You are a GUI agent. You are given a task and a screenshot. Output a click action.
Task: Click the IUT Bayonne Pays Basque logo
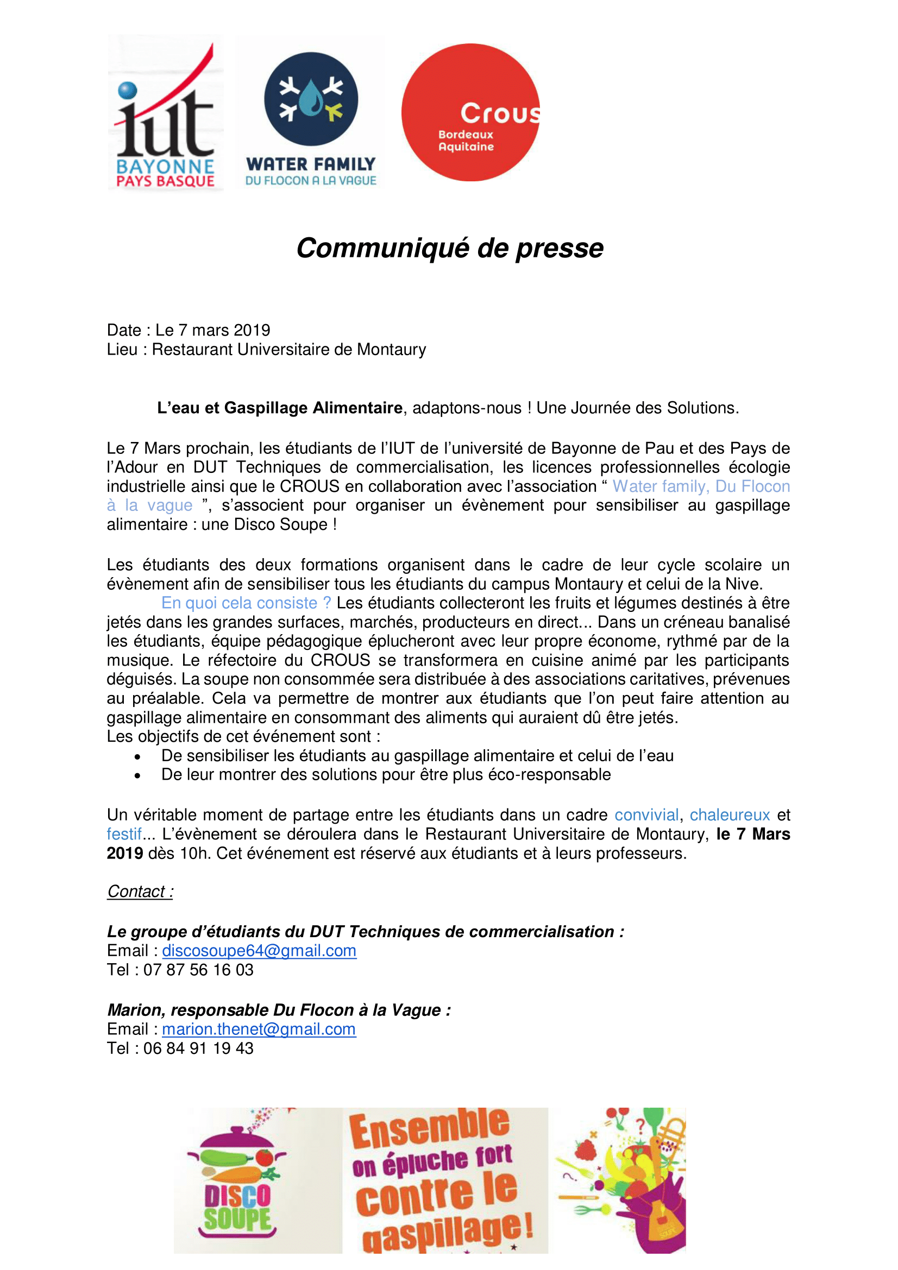click(x=165, y=113)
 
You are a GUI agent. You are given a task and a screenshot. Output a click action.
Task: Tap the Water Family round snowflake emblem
click(x=310, y=99)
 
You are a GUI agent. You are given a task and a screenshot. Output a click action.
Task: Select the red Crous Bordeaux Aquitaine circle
click(x=470, y=112)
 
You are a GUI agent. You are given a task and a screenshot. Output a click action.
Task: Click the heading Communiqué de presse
click(x=449, y=248)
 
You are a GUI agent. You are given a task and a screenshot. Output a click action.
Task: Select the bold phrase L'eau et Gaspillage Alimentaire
click(x=279, y=408)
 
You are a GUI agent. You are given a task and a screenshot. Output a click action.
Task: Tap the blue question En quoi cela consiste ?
click(x=246, y=603)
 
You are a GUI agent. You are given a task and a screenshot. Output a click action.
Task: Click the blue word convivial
click(x=646, y=815)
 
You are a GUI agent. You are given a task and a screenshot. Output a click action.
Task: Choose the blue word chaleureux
click(x=729, y=815)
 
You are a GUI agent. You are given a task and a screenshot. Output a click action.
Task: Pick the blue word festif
click(x=124, y=834)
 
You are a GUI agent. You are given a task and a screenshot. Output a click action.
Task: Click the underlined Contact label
click(x=140, y=892)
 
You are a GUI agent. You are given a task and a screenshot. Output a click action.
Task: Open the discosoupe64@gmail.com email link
click(x=259, y=951)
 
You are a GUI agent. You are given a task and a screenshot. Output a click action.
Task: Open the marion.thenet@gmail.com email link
click(x=259, y=1029)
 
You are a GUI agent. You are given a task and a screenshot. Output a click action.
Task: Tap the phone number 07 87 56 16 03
click(x=198, y=970)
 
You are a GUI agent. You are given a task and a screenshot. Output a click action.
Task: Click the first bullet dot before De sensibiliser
click(x=137, y=757)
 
